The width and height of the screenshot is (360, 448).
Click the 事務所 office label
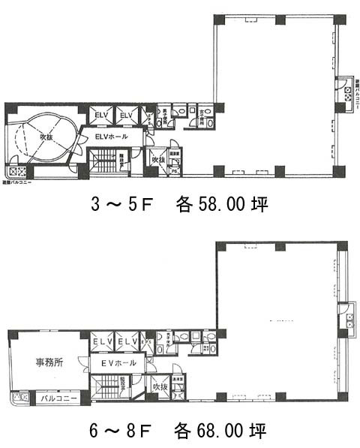pos(49,361)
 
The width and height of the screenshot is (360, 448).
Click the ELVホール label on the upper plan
pos(111,137)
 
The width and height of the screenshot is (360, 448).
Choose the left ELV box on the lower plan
pos(101,342)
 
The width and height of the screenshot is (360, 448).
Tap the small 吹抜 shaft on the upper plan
pos(157,161)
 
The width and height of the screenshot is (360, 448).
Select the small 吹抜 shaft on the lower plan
pos(159,387)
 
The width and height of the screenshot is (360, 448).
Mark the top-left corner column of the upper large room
pos(218,20)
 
